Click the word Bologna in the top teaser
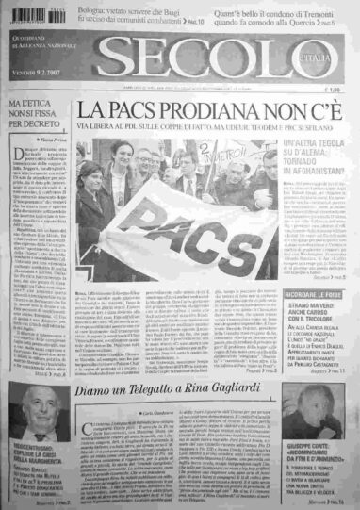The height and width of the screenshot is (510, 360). coord(93,8)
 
